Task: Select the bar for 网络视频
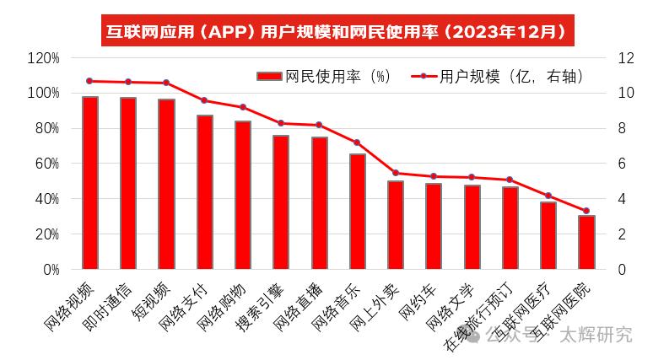(89, 183)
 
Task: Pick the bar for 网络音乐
(357, 212)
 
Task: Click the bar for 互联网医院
(586, 243)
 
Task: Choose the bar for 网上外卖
(395, 225)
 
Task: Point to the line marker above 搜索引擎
(281, 123)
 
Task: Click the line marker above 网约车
(434, 176)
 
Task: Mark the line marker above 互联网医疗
(548, 196)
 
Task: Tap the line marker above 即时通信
(128, 82)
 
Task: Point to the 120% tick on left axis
(43, 58)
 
